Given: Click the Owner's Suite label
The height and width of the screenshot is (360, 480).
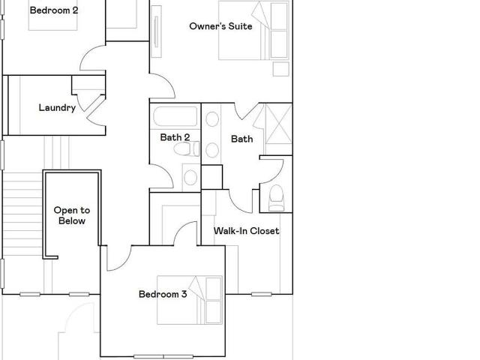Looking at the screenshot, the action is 220,26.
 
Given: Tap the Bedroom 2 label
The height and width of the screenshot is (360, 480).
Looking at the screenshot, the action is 54,10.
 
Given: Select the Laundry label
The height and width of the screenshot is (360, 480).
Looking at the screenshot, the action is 57,108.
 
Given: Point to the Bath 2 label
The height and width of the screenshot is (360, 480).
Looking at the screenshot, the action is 175,137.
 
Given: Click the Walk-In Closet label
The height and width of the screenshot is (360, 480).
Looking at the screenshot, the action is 247,231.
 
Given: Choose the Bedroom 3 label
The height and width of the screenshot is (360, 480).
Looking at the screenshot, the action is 163,294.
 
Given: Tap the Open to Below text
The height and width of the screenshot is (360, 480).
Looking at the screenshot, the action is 72,215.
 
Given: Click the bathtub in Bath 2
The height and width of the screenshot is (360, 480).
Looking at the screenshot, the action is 175,116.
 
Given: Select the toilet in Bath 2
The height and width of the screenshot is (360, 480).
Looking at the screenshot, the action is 187,148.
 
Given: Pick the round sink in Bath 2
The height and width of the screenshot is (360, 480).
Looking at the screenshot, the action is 190,178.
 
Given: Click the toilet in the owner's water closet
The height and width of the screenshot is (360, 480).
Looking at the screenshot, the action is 276,198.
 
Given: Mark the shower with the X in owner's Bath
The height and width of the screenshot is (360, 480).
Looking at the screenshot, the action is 278,124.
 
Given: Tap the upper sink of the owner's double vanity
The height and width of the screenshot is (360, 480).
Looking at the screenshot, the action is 212,119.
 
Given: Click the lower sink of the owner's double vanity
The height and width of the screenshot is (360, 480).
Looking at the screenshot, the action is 212,150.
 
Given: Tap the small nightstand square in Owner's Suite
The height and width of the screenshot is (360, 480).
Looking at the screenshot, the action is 281,69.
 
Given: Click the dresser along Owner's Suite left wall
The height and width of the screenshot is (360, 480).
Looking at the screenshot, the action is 156,31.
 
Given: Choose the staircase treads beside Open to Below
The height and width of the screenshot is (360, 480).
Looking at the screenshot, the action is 22,214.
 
